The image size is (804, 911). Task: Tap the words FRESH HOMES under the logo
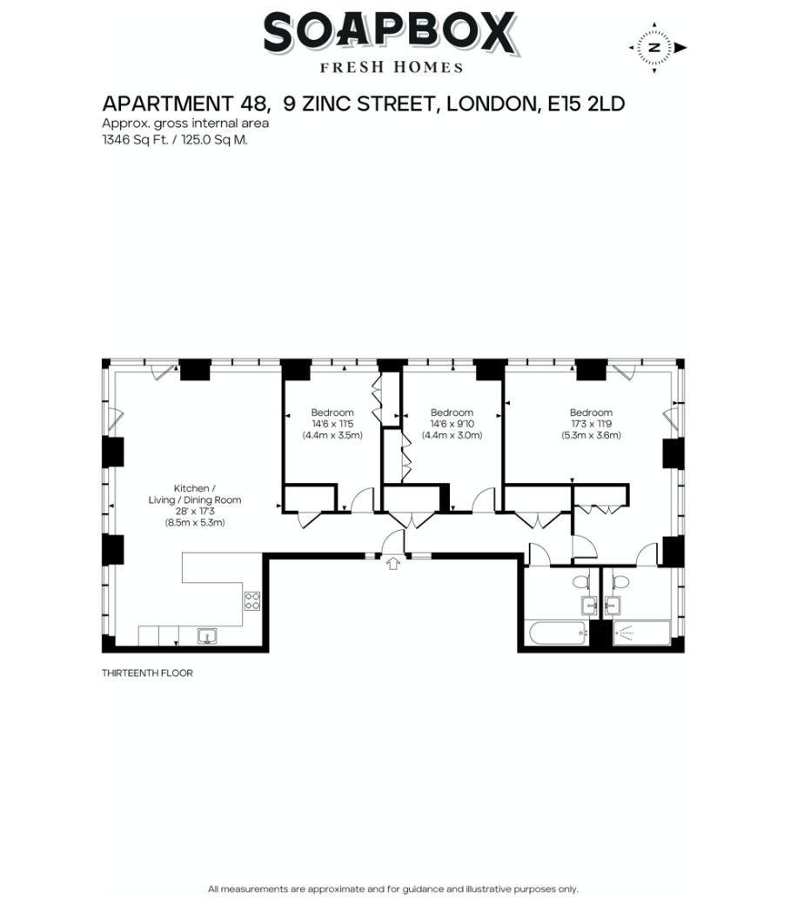click(x=392, y=67)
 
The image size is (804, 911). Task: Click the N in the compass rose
click(x=654, y=48)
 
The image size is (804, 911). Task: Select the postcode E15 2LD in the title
click(x=586, y=104)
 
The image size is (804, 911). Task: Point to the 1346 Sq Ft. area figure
click(x=136, y=139)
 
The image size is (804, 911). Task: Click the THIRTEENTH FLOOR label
click(x=148, y=673)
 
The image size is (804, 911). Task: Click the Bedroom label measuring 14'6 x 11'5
click(x=332, y=412)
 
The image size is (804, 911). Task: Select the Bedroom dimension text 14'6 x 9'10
click(x=452, y=424)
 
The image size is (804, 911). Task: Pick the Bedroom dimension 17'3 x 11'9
click(x=591, y=424)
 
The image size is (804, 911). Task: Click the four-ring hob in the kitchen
click(x=252, y=600)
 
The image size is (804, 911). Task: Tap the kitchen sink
click(x=207, y=636)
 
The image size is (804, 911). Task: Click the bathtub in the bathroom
click(x=557, y=633)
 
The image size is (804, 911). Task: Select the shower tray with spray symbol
click(x=642, y=633)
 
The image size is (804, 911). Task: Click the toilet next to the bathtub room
click(x=580, y=581)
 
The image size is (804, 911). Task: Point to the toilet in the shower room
click(x=621, y=581)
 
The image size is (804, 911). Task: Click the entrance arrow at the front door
click(x=393, y=563)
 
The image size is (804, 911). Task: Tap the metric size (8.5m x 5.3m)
click(x=195, y=522)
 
